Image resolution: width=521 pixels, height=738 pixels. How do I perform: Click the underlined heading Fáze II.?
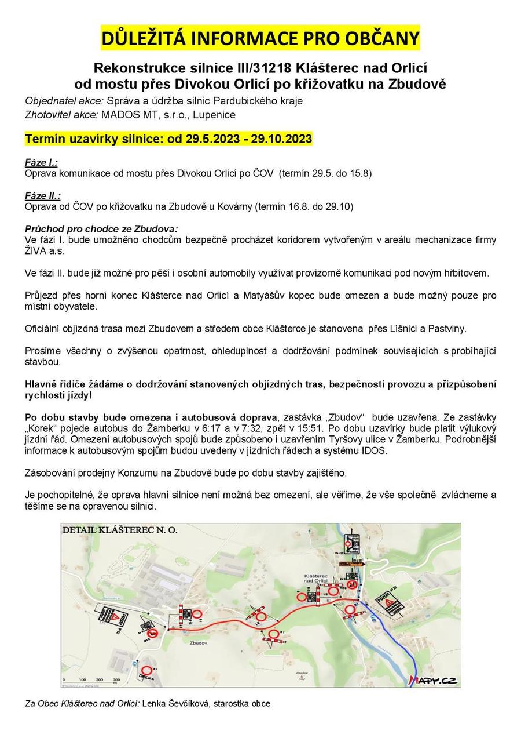43,195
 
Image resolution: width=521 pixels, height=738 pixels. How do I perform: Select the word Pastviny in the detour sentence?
446,329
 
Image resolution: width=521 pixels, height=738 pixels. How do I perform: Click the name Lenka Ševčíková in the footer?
177,704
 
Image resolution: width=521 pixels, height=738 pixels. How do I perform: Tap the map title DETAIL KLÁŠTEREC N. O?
120,530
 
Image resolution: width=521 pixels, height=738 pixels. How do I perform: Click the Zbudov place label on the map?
197,643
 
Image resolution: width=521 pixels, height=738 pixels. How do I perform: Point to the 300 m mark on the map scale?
116,680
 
